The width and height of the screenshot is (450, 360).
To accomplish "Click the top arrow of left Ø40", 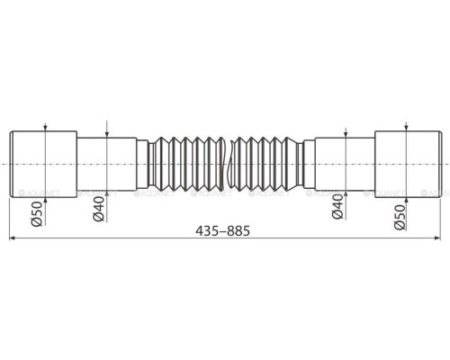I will pyautogui.click(x=106, y=132).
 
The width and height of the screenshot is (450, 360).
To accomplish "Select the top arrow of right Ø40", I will pyautogui.click(x=343, y=132).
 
